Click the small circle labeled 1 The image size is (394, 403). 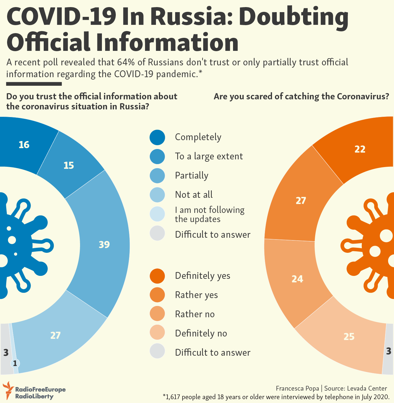tap(15, 363)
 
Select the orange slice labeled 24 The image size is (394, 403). tap(298, 279)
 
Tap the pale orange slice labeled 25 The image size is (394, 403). tap(349, 336)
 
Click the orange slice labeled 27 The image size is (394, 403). tap(301, 200)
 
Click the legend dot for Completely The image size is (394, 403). tap(157, 137)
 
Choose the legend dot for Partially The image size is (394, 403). tap(157, 176)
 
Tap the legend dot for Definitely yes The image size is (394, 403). tap(157, 276)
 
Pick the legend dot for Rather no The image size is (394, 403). tap(157, 314)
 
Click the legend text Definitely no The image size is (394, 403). tap(201, 334)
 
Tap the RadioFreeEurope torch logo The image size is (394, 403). tap(8, 390)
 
